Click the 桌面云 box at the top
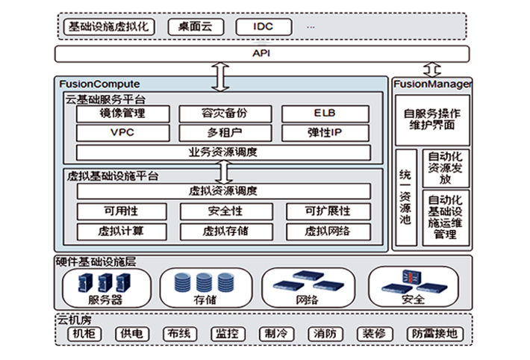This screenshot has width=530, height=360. click(x=196, y=27)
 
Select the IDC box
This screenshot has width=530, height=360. click(x=263, y=27)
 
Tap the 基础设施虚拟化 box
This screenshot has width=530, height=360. click(x=109, y=27)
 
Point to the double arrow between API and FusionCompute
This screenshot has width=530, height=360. click(x=222, y=76)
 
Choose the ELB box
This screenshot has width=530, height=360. click(x=325, y=114)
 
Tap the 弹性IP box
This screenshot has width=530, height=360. click(x=325, y=133)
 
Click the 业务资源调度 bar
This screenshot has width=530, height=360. click(x=223, y=152)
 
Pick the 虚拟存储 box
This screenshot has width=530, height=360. click(x=223, y=231)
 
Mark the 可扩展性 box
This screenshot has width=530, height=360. click(x=327, y=211)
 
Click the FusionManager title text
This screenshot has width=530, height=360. click(x=431, y=84)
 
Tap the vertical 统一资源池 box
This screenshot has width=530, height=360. click(x=406, y=198)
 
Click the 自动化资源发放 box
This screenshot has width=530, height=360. click(x=446, y=170)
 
